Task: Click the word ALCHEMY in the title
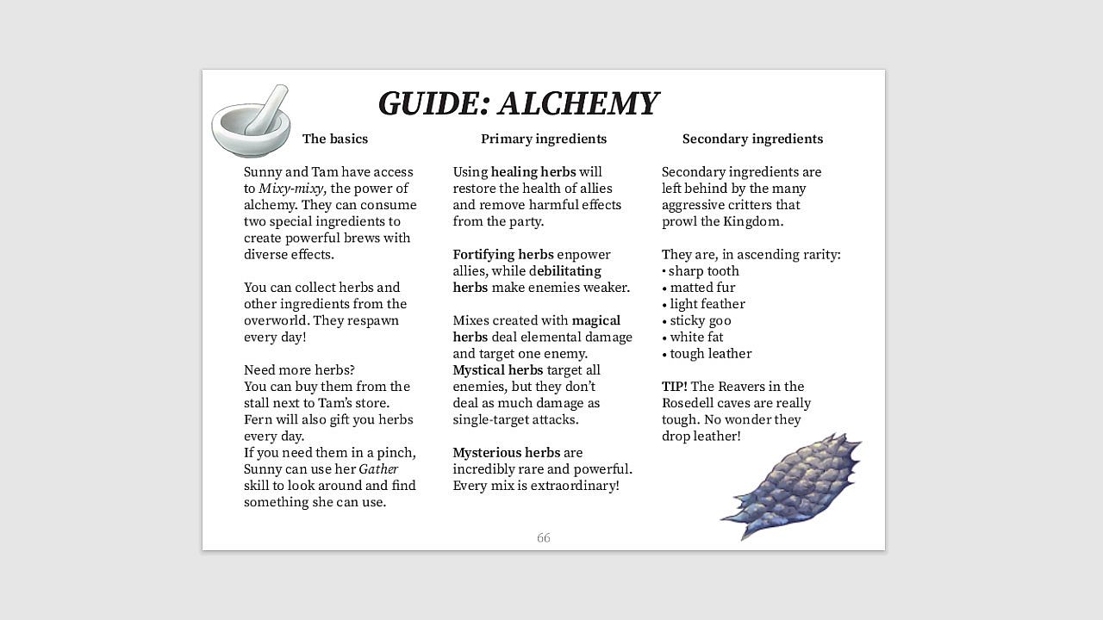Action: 578,103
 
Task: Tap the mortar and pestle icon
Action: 251,122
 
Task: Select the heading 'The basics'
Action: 334,139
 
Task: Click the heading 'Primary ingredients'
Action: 543,139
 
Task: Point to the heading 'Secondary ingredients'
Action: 752,139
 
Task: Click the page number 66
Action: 543,538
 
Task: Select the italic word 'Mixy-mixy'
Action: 291,189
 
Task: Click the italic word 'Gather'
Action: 378,469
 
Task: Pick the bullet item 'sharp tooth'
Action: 703,271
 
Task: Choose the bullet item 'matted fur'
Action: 702,288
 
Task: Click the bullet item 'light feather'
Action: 707,304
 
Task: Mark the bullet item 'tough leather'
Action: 710,354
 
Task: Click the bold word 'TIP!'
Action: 674,387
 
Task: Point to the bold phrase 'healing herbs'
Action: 533,172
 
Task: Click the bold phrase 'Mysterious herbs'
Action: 506,453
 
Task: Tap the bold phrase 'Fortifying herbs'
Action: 502,255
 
